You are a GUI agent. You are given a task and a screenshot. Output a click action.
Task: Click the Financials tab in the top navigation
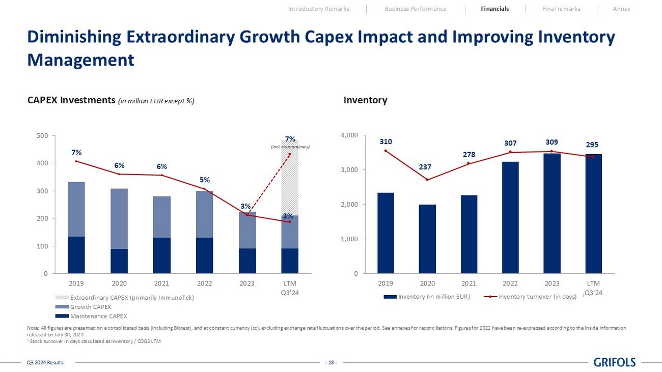[494, 9]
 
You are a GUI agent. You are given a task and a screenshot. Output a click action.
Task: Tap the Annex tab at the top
[621, 9]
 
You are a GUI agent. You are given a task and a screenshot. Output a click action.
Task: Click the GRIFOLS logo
[615, 362]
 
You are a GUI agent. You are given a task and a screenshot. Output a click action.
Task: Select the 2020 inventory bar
[427, 239]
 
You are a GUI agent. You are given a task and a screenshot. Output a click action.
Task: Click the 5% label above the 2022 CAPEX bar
[204, 180]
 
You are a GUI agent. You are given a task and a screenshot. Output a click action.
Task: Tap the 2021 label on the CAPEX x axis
[161, 283]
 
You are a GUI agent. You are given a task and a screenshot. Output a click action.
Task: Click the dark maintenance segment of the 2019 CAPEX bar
[76, 255]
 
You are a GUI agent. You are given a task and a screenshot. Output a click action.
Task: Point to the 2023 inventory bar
[551, 213]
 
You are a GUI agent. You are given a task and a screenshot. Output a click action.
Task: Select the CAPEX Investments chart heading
[72, 100]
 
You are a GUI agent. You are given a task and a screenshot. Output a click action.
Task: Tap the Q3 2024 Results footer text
[45, 362]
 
